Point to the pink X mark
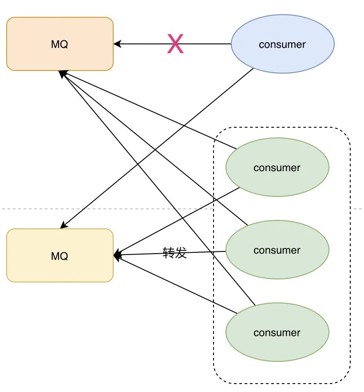tap(175, 45)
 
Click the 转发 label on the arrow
tap(175, 253)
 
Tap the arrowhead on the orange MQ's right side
tap(117, 44)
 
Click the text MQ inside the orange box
tap(60, 44)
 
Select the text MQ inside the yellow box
tap(60, 256)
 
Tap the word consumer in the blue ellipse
tap(282, 44)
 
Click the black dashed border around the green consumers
tap(350, 266)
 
